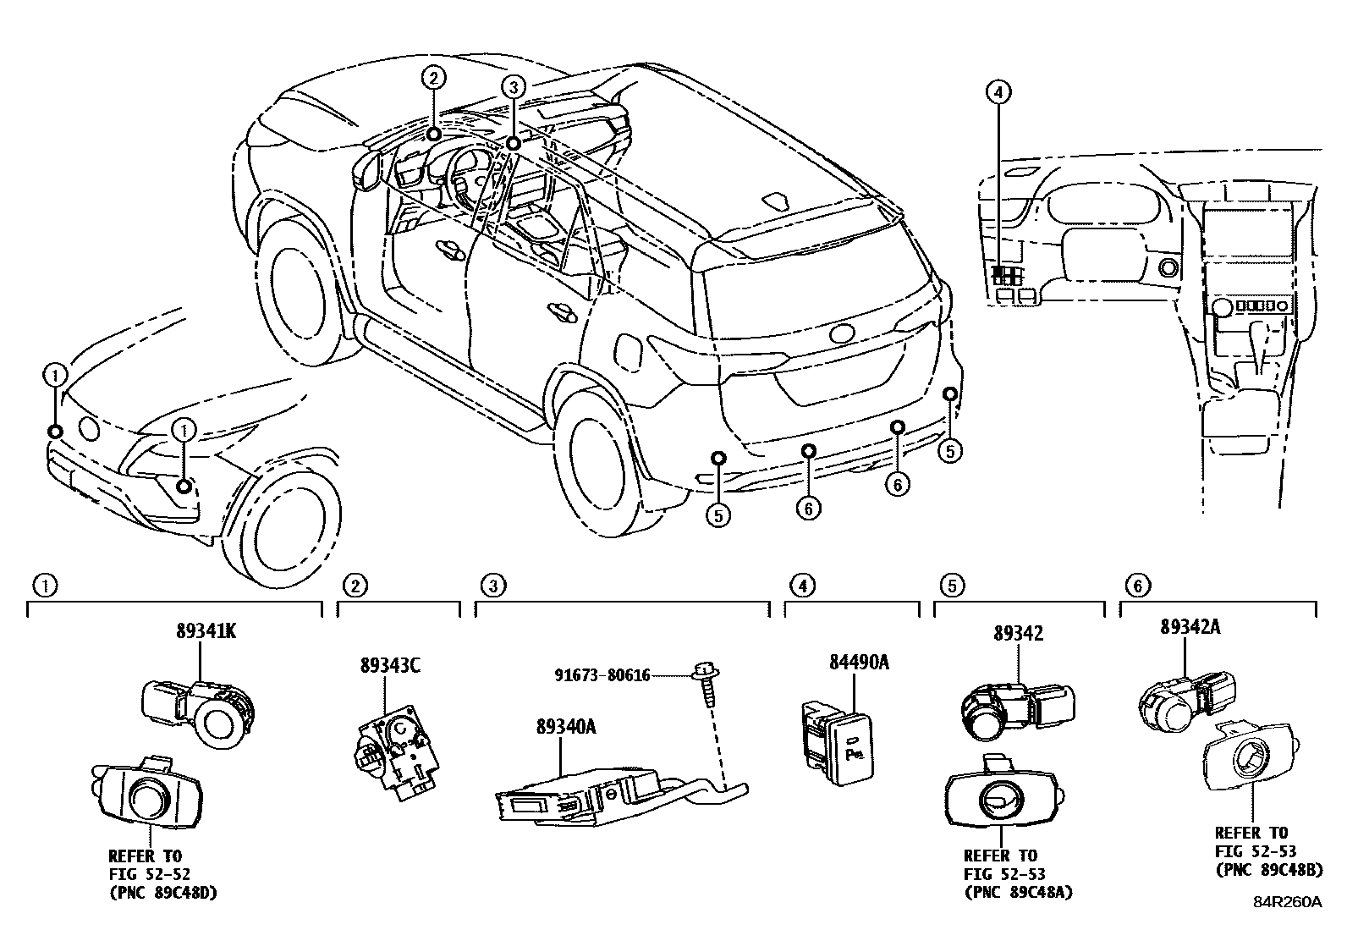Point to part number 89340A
pos(565,725)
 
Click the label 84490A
pos(858,663)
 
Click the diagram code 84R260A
pos(1287,902)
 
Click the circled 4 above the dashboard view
pos(998,91)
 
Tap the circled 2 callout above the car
pos(432,80)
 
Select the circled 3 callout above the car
pos(513,86)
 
